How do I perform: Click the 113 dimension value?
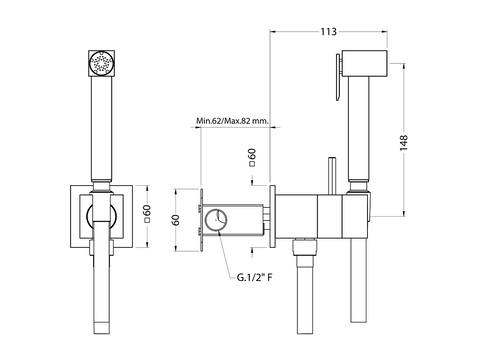click(329, 32)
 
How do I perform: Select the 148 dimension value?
click(404, 143)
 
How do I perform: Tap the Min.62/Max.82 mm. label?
click(232, 120)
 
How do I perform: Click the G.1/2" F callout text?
click(254, 277)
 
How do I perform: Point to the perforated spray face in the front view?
click(101, 63)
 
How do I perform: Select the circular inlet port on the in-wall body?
click(216, 220)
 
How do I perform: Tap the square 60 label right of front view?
click(147, 214)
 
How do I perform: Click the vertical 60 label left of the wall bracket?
click(176, 220)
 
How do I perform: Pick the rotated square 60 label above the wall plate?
click(252, 157)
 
